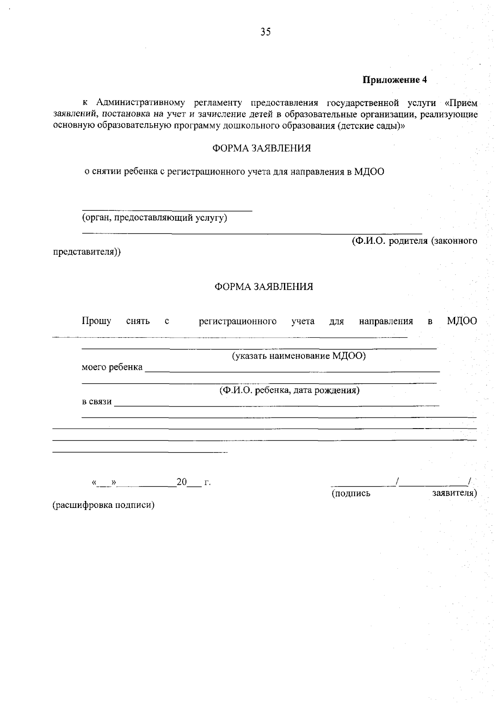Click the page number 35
point(265,32)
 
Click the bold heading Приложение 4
point(394,80)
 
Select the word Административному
point(139,102)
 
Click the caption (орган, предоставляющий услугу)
point(155,218)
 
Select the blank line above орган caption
point(167,210)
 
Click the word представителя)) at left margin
point(87,252)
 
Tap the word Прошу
point(96,321)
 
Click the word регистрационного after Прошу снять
point(238,321)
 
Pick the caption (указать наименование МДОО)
point(298,356)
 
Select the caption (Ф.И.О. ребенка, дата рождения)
point(289,390)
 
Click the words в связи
point(97,401)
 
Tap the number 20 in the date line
point(181,482)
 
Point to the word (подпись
point(351,493)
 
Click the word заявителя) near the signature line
point(454,493)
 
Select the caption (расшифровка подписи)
point(103,505)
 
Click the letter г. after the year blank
point(207,482)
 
